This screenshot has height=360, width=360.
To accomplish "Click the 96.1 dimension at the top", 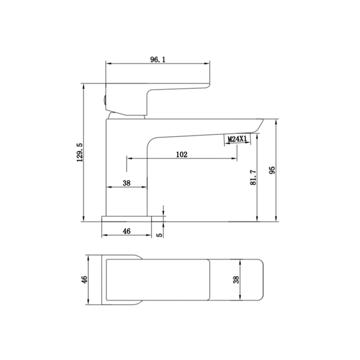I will (x=157, y=59).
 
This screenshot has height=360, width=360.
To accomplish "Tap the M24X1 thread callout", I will (x=236, y=139).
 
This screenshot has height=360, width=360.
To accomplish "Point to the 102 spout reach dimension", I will (x=181, y=154).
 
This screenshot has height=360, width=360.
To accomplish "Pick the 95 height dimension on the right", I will (x=272, y=170).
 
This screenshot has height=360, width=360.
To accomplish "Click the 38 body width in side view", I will (x=126, y=183).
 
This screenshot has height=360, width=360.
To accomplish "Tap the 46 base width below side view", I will (x=126, y=232).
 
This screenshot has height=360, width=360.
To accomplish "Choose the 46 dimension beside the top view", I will (x=84, y=280).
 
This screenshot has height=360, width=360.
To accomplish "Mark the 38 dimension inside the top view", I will (x=236, y=280).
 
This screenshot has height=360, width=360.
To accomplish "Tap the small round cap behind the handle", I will (x=102, y=100).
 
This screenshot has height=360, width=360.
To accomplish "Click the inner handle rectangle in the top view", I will (x=157, y=280).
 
